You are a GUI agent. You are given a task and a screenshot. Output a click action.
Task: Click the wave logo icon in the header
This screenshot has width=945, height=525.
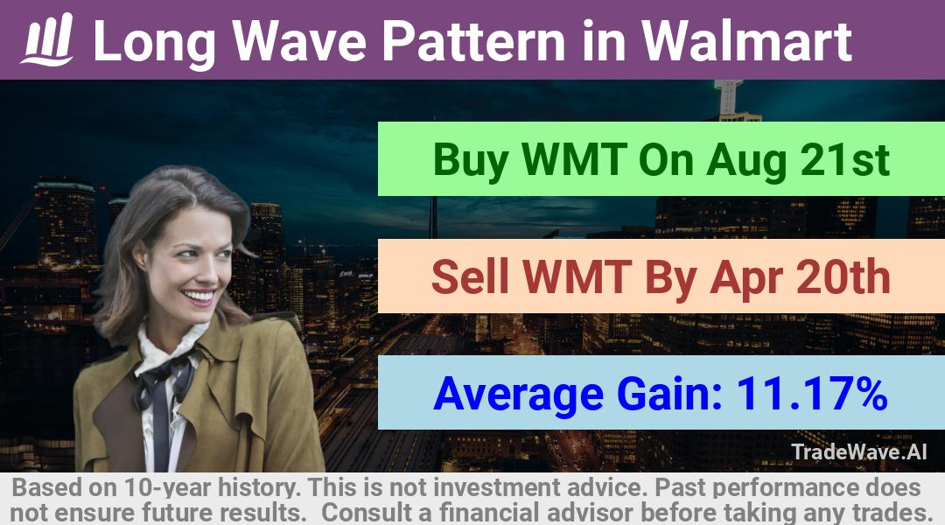[x=47, y=39]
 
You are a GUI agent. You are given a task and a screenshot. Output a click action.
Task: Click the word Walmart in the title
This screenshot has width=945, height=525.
[x=746, y=41]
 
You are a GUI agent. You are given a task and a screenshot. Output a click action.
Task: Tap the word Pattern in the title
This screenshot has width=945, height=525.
[x=473, y=41]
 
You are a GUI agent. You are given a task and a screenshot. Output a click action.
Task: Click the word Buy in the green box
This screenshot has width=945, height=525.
[x=470, y=160]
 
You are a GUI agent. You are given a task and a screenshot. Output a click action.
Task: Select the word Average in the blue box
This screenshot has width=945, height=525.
[x=518, y=395]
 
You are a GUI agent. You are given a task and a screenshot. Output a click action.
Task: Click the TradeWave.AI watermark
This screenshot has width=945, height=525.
[x=859, y=451]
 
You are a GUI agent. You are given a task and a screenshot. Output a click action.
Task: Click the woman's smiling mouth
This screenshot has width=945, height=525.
[x=199, y=296]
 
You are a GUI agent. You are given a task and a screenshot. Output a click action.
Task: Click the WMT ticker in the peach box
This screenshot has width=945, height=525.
[x=577, y=276]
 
